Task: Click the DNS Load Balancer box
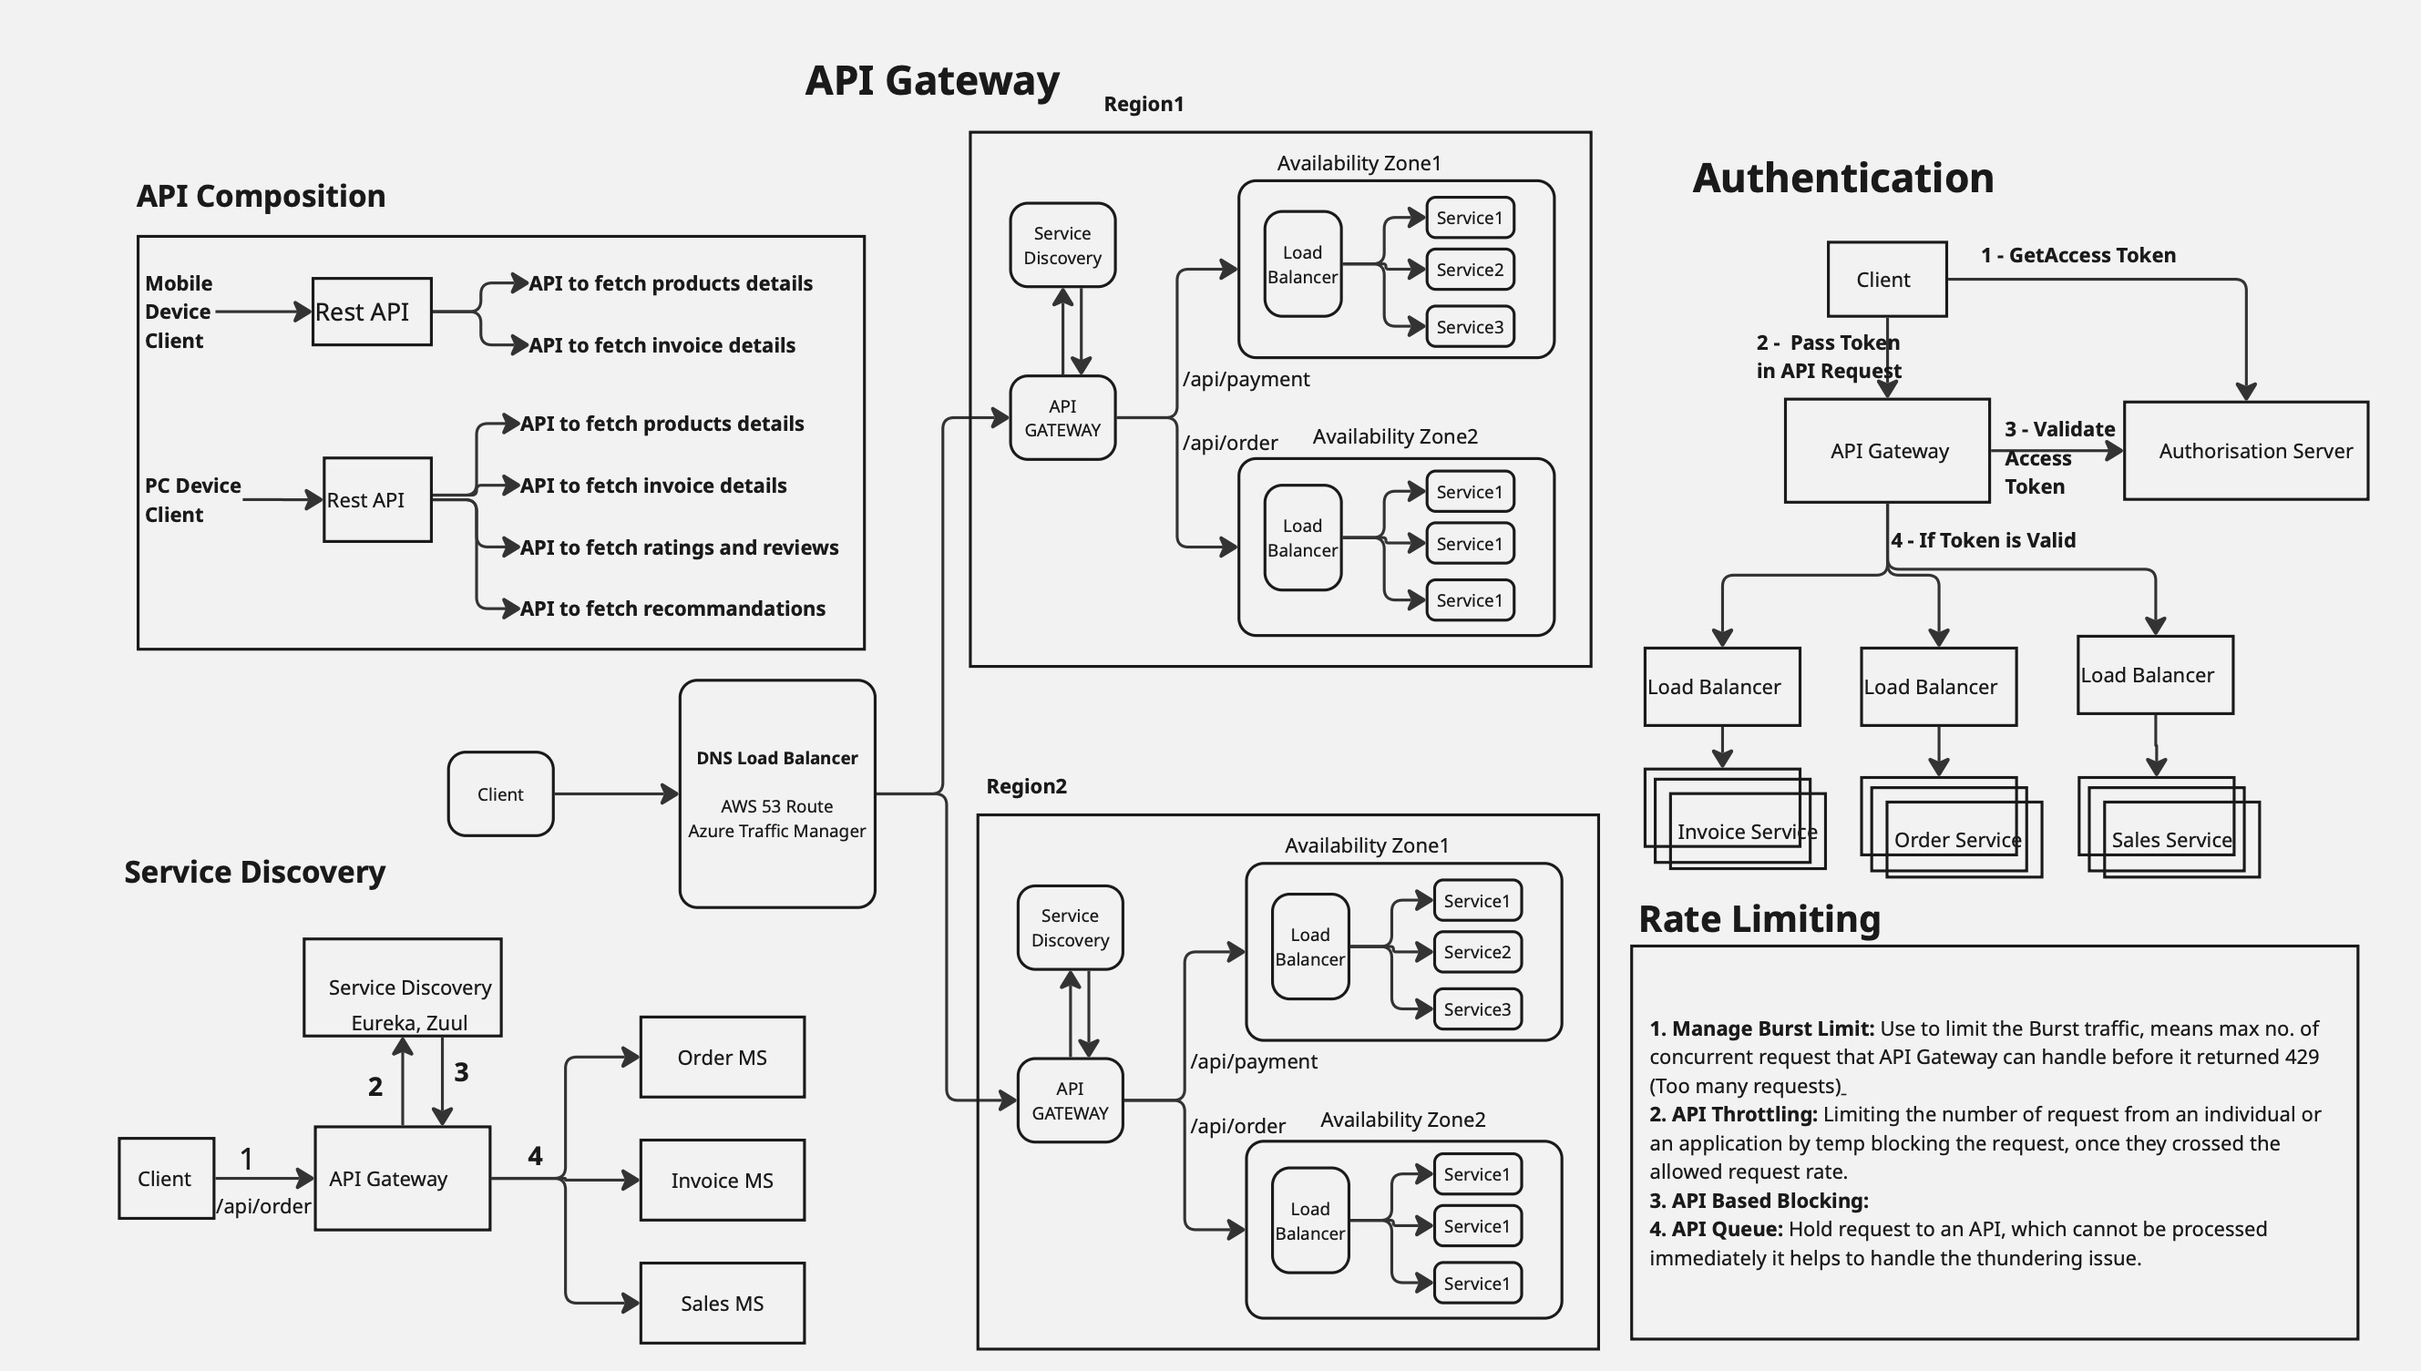point(777,793)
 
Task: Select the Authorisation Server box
point(2245,451)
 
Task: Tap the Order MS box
point(723,1058)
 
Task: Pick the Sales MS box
point(723,1304)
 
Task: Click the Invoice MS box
point(723,1180)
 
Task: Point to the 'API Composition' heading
point(261,196)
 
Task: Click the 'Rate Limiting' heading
point(1759,919)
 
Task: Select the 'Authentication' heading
point(1842,178)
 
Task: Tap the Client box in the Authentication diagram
point(1886,280)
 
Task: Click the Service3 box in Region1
point(1470,327)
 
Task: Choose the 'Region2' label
point(1026,786)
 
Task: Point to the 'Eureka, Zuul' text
point(409,1023)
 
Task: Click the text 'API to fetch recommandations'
point(672,609)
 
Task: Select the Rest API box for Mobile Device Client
point(372,312)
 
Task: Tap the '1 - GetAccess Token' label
point(2078,255)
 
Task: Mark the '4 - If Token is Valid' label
point(1983,540)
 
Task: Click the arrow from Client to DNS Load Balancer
point(616,793)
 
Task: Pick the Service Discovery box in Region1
point(1062,245)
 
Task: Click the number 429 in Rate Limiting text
point(2301,1057)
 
